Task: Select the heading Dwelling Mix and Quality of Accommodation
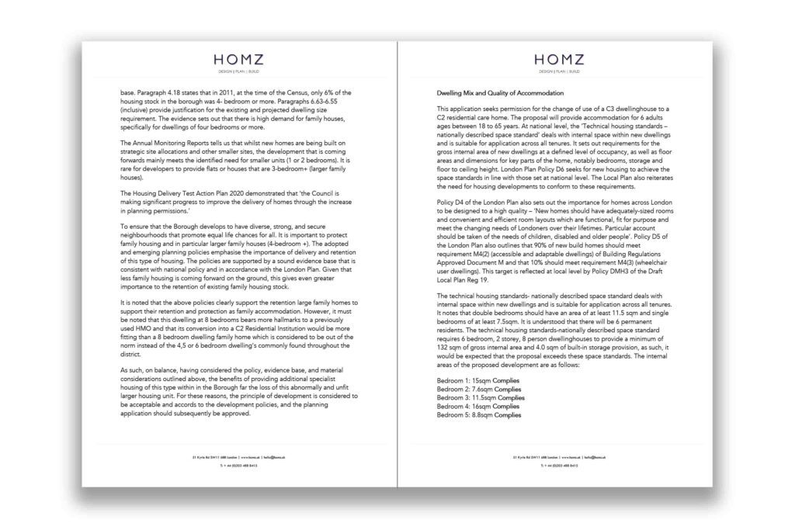498,92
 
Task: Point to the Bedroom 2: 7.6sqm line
463,390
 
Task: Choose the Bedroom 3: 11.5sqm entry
464,398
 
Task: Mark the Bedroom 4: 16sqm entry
463,407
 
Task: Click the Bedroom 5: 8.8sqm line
463,415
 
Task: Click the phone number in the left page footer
241,466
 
